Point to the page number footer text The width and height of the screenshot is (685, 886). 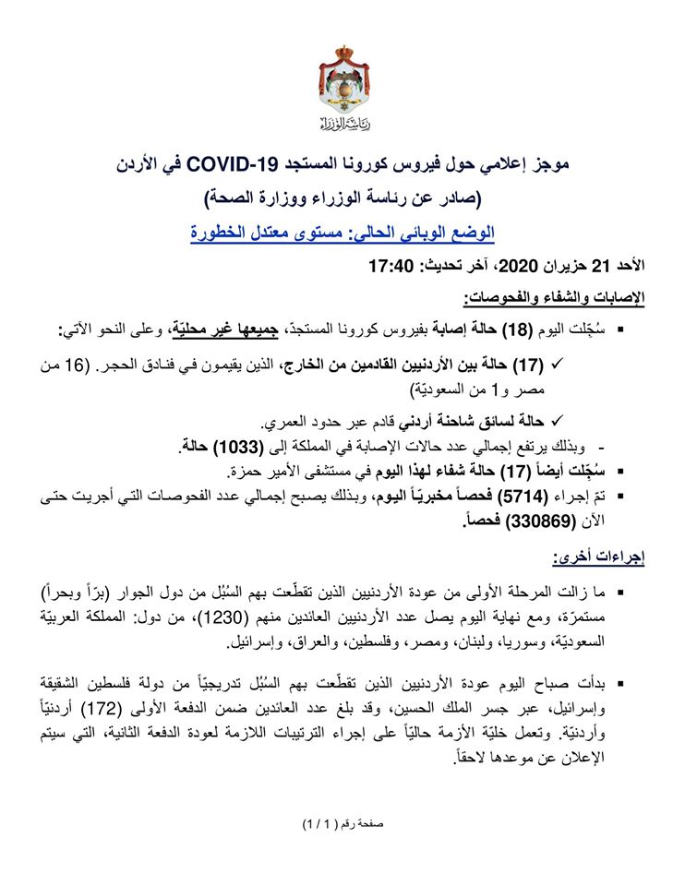point(342,821)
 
